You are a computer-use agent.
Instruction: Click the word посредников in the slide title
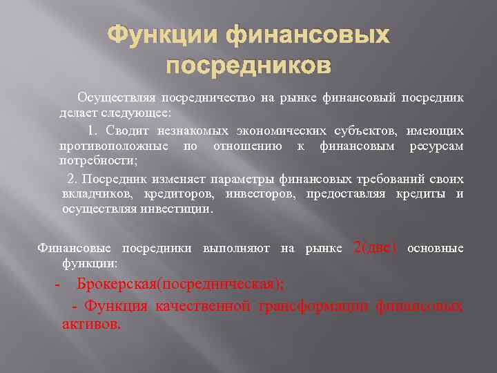tap(248, 66)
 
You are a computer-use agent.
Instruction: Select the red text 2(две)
tap(375, 247)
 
